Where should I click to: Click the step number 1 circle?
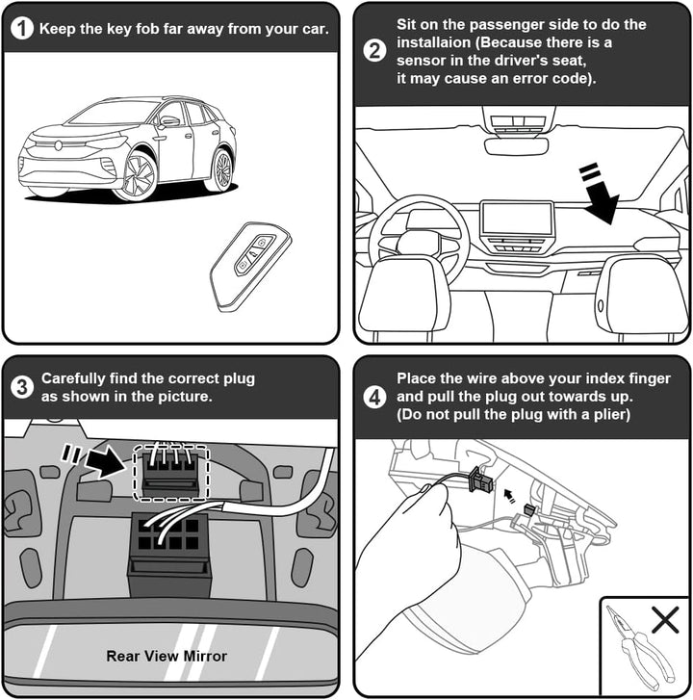click(x=22, y=29)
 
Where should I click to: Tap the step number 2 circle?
click(x=374, y=50)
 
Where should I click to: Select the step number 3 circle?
click(x=22, y=387)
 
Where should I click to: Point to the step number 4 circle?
click(x=374, y=397)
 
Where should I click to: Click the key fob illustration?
click(x=250, y=266)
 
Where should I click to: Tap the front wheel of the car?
click(x=139, y=176)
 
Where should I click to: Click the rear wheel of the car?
click(x=221, y=170)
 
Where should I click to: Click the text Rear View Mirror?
click(x=167, y=656)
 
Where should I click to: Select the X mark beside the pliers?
click(x=665, y=620)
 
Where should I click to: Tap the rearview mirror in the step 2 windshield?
click(x=516, y=146)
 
